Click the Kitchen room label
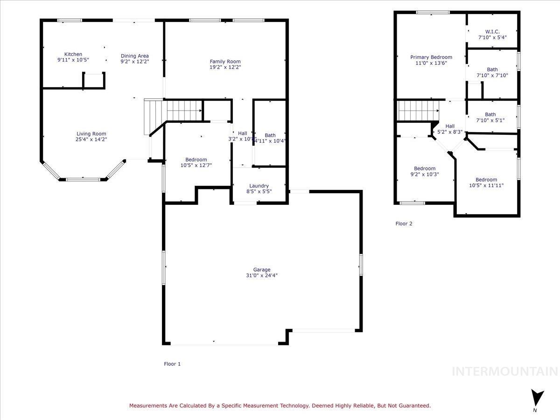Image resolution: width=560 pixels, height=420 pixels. pos(73,55)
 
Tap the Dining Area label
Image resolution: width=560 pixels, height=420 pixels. pos(134,56)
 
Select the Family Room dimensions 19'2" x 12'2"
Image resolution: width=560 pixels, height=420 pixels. pos(225,67)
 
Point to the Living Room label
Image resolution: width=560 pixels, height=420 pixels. pos(91,133)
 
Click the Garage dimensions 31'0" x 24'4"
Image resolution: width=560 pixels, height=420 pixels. pos(262,275)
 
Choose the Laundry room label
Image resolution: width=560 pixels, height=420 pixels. pos(259,186)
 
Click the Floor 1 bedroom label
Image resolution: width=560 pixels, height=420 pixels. pos(196,160)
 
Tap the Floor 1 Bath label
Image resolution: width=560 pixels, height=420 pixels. pos(270,135)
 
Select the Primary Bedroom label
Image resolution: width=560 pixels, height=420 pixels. pos(431,57)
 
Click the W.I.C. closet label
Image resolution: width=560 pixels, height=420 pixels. pos(492,31)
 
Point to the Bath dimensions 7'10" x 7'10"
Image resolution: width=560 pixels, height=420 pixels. pos(492,75)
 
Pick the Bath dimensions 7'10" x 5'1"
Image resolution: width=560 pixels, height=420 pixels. pos(490,120)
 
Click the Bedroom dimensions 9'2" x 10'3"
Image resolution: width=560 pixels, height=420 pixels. pos(425,174)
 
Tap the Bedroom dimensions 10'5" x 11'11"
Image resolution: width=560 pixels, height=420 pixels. pos(486,185)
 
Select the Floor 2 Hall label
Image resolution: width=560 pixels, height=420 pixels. pos(450,126)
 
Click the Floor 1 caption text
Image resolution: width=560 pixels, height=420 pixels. pos(172,364)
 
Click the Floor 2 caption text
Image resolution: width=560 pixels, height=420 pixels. pos(404,224)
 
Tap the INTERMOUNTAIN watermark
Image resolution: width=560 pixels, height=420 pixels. pos(505,371)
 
